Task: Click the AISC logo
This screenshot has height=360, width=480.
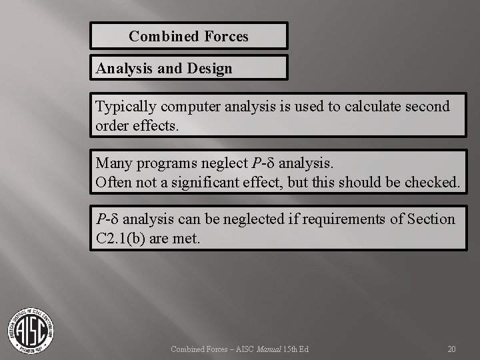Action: pyautogui.click(x=31, y=329)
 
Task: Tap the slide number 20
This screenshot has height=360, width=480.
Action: pyautogui.click(x=451, y=349)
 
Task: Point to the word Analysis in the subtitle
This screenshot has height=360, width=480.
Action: pyautogui.click(x=123, y=68)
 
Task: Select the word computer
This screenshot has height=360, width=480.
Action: pyautogui.click(x=183, y=107)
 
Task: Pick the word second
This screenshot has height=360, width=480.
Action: pyautogui.click(x=427, y=107)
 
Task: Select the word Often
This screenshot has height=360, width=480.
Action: pyautogui.click(x=114, y=181)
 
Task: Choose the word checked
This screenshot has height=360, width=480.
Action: pyautogui.click(x=432, y=181)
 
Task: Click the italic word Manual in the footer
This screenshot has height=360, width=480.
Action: pyautogui.click(x=269, y=349)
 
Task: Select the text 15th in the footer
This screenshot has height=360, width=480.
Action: pyautogui.click(x=291, y=349)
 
